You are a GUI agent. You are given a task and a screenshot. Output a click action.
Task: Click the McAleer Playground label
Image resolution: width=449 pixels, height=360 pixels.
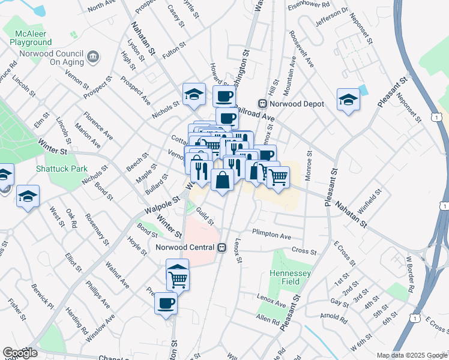(x=31, y=38)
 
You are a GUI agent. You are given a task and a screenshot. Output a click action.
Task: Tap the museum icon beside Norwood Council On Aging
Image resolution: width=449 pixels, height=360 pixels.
(x=94, y=57)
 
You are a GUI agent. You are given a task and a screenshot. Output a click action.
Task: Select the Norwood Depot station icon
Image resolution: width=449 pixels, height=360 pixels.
(x=262, y=104)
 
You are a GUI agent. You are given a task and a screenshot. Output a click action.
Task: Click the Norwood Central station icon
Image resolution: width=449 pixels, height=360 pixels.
(x=221, y=247)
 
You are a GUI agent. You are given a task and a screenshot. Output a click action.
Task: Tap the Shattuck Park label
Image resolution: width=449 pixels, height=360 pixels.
(x=61, y=169)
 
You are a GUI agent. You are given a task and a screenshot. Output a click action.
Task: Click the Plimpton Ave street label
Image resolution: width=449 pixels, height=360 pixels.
(x=271, y=235)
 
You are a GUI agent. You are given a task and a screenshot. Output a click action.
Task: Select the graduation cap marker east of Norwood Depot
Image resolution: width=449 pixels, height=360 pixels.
(x=348, y=99)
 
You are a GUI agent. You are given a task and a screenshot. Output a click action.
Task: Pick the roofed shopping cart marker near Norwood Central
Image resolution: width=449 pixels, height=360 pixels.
(x=178, y=274)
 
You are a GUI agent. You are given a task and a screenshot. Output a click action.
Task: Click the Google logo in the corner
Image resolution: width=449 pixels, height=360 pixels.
(x=20, y=353)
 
